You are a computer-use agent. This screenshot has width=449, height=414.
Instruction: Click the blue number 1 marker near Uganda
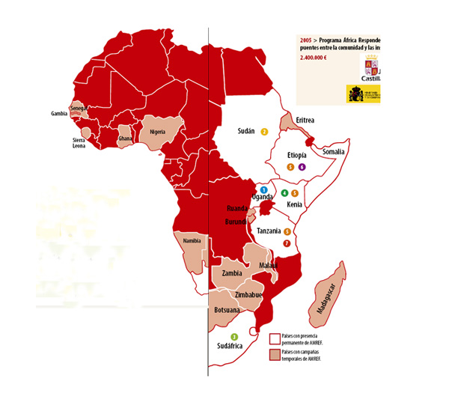264,191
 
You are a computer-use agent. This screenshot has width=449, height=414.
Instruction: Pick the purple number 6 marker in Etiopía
302,167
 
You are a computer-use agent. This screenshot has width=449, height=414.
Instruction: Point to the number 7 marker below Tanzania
287,243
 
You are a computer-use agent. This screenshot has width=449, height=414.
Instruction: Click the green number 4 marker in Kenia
284,193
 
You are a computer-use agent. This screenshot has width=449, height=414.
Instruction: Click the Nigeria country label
157,132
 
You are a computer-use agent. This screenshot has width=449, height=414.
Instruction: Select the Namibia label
192,240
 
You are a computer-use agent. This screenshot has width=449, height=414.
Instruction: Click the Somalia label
333,151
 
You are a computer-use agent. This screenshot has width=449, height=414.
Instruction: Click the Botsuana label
227,309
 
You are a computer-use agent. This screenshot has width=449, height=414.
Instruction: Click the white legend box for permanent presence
274,339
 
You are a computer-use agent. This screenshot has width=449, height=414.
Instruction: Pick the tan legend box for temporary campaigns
274,353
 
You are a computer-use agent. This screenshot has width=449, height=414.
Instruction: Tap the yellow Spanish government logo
363,93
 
